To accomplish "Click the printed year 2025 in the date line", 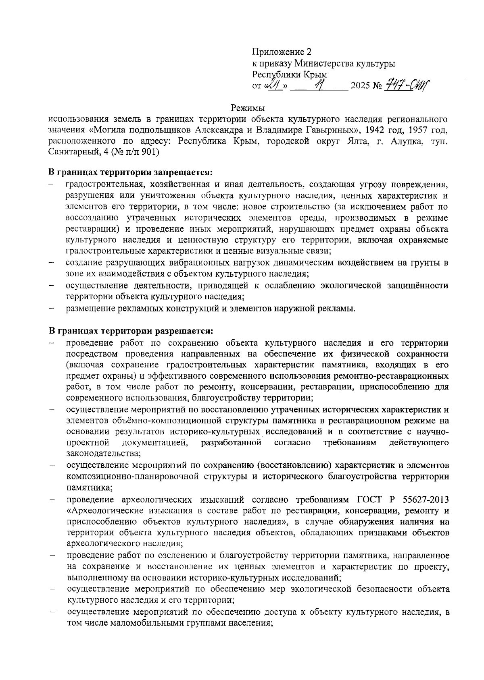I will pos(361,86).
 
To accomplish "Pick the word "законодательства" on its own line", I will pos(103,454).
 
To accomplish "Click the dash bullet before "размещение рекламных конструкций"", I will pos(52,309).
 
